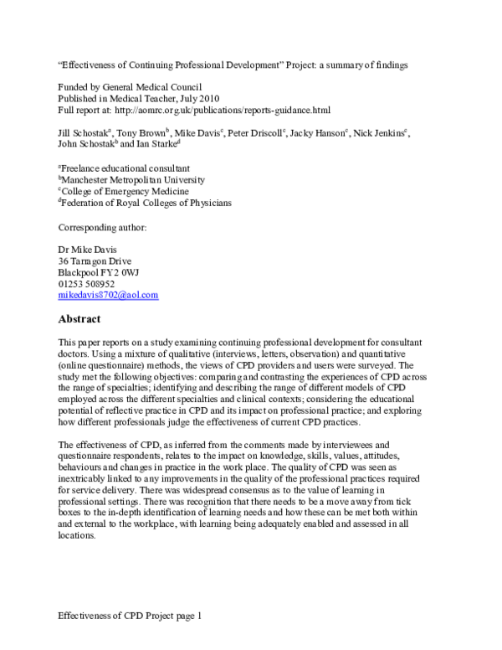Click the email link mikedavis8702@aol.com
click(108, 296)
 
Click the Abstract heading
click(79, 319)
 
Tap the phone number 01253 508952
click(86, 284)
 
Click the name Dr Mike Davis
click(89, 249)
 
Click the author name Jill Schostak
click(87, 133)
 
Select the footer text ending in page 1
click(130, 616)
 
